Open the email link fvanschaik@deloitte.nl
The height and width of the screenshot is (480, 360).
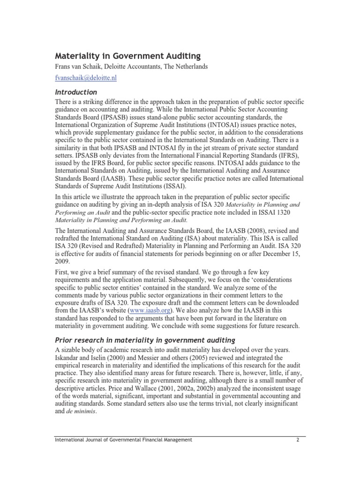click(x=86, y=78)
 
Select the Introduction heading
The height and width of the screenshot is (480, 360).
click(x=76, y=92)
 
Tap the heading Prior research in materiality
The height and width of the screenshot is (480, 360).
click(x=145, y=339)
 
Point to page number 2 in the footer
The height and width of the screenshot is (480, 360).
click(x=298, y=439)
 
